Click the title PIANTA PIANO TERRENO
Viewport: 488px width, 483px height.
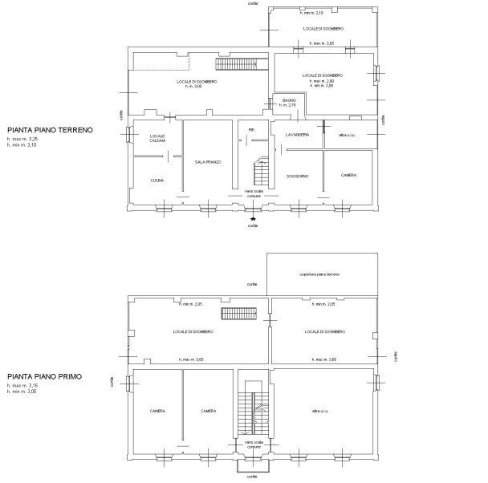(50, 129)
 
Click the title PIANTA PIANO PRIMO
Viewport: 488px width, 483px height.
(46, 376)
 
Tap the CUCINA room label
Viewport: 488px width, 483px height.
(157, 181)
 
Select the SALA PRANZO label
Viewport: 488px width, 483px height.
(207, 162)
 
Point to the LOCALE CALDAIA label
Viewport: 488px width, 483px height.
(157, 138)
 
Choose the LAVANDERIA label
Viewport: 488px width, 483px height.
(297, 135)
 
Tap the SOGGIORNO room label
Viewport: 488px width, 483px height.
(298, 176)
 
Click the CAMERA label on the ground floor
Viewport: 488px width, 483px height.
(348, 175)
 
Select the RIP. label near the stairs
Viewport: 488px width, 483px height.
(251, 129)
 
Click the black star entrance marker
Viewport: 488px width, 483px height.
(254, 217)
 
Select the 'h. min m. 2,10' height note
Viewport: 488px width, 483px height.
(311, 14)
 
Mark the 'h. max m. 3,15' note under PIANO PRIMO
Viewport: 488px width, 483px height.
(22, 386)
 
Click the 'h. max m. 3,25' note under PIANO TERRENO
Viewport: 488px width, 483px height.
(22, 139)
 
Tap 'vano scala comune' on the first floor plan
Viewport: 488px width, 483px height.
(254, 445)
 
